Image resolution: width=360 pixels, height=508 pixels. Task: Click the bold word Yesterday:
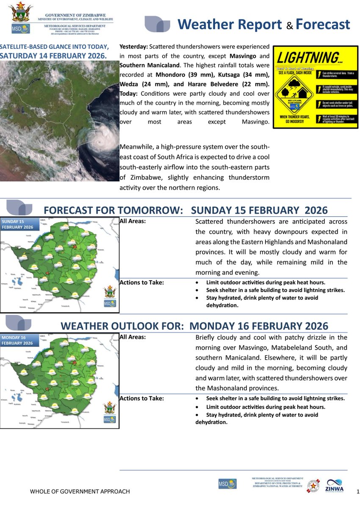[x=134, y=46]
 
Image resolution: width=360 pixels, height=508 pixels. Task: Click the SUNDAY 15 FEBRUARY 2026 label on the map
[x=17, y=224]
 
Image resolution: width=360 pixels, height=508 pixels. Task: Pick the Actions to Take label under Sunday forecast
[x=142, y=283]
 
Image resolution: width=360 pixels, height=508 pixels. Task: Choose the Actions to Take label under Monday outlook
[x=142, y=398]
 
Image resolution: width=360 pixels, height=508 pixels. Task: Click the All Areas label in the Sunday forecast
[x=133, y=221]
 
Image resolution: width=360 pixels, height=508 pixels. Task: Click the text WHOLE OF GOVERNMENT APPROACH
[x=80, y=491]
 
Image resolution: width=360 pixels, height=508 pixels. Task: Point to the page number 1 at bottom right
[x=358, y=491]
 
